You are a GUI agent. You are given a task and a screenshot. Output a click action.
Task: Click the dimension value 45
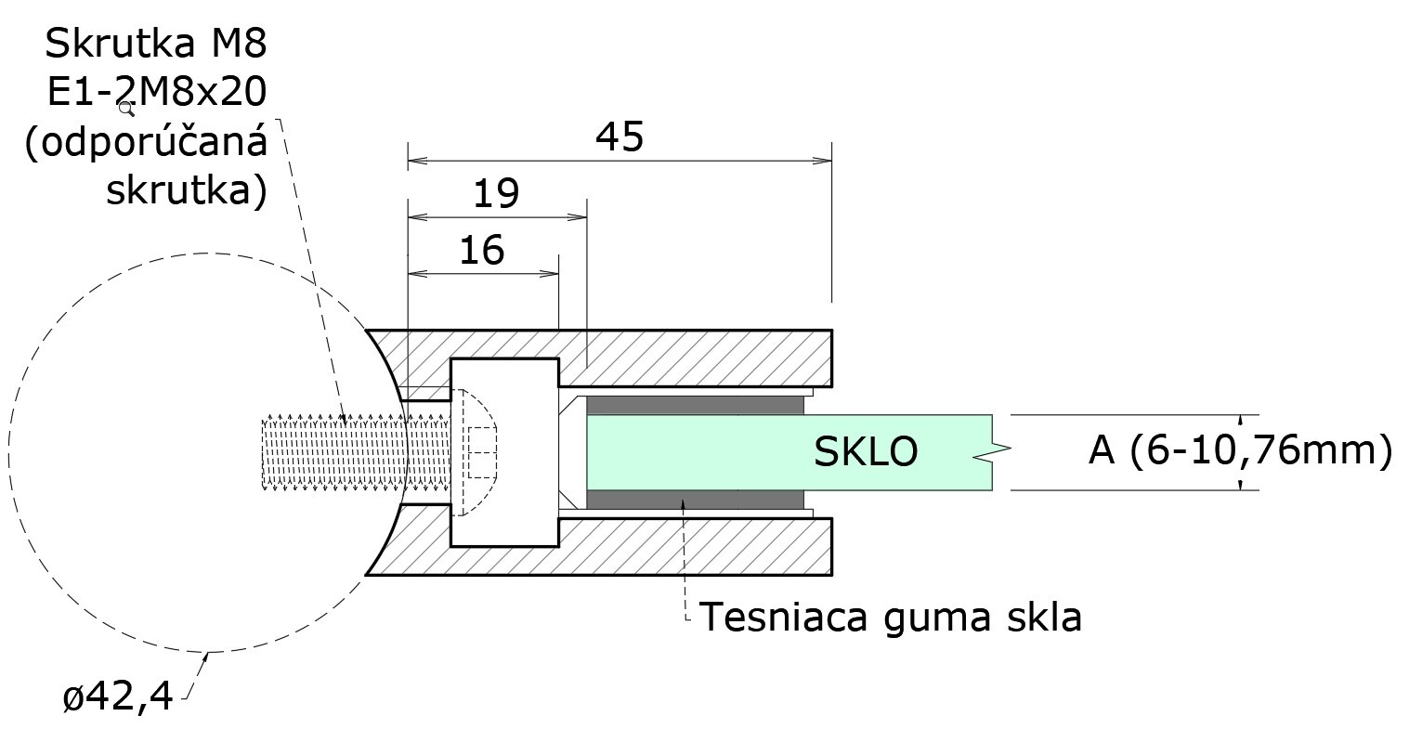pos(620,137)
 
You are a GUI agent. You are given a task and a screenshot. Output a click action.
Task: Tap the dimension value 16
pos(481,251)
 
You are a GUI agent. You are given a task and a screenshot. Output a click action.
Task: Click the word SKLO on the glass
pos(866,452)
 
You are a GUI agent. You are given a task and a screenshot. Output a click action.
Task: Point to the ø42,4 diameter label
pos(118,696)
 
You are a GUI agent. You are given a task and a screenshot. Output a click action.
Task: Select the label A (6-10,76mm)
pos(1241,450)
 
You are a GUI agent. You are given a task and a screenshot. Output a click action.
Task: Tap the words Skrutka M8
pos(156,43)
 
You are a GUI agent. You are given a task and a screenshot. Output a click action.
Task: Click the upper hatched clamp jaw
pos(706,358)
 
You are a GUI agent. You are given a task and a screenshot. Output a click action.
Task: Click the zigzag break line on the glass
pos(991,452)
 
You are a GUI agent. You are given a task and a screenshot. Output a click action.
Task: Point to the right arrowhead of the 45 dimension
pos(824,162)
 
